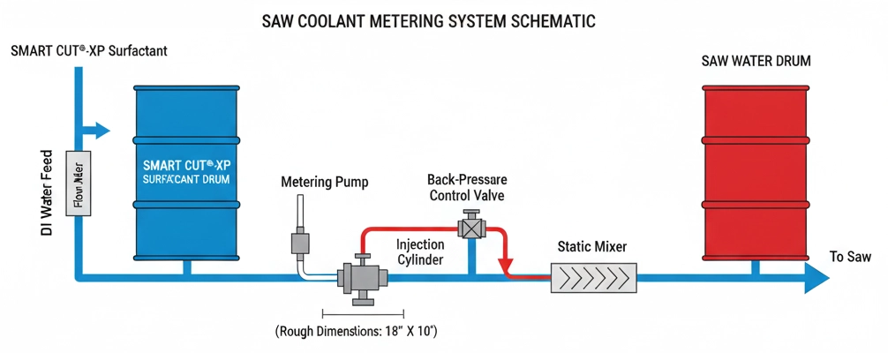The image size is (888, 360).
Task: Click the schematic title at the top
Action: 444,20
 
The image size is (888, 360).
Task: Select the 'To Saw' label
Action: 850,257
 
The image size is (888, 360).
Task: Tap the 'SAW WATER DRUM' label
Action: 756,62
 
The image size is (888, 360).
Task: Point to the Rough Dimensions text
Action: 357,332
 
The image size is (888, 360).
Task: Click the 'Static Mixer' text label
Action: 592,247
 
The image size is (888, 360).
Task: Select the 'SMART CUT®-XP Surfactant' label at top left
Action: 88,51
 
